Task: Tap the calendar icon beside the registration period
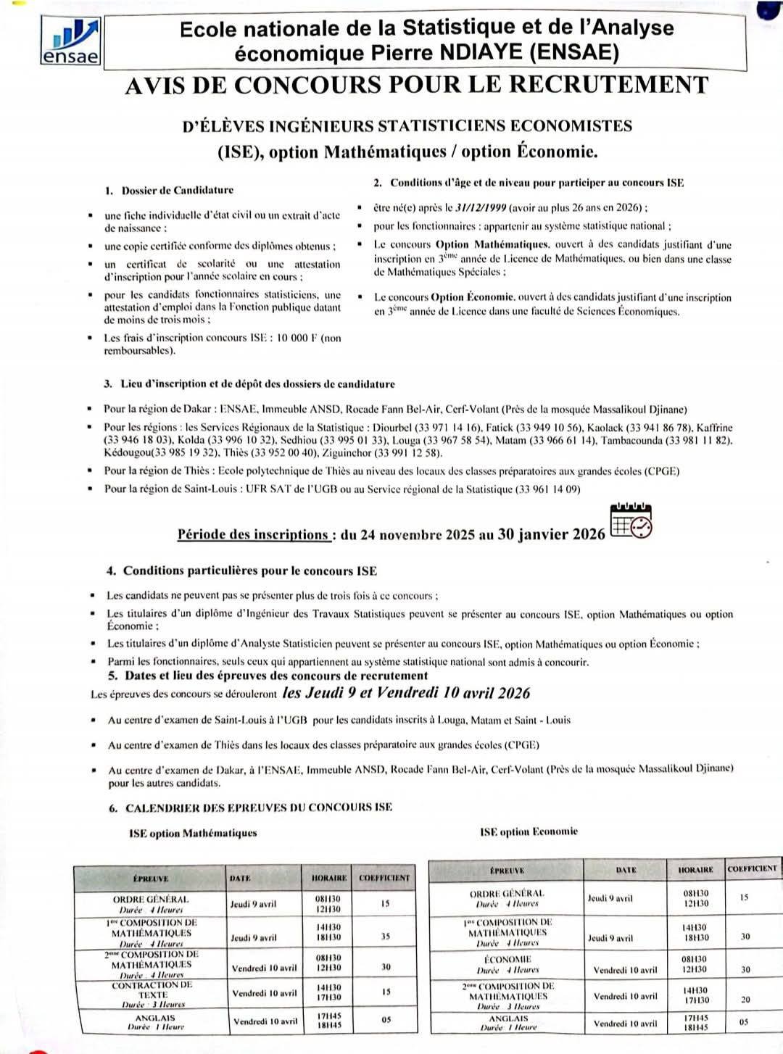point(631,521)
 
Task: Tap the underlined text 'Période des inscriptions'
point(253,535)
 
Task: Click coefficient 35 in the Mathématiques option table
point(385,937)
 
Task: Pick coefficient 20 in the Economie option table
point(745,1000)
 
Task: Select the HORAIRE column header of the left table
point(329,878)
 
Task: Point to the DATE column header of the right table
point(626,870)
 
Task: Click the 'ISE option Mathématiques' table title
point(193,833)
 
